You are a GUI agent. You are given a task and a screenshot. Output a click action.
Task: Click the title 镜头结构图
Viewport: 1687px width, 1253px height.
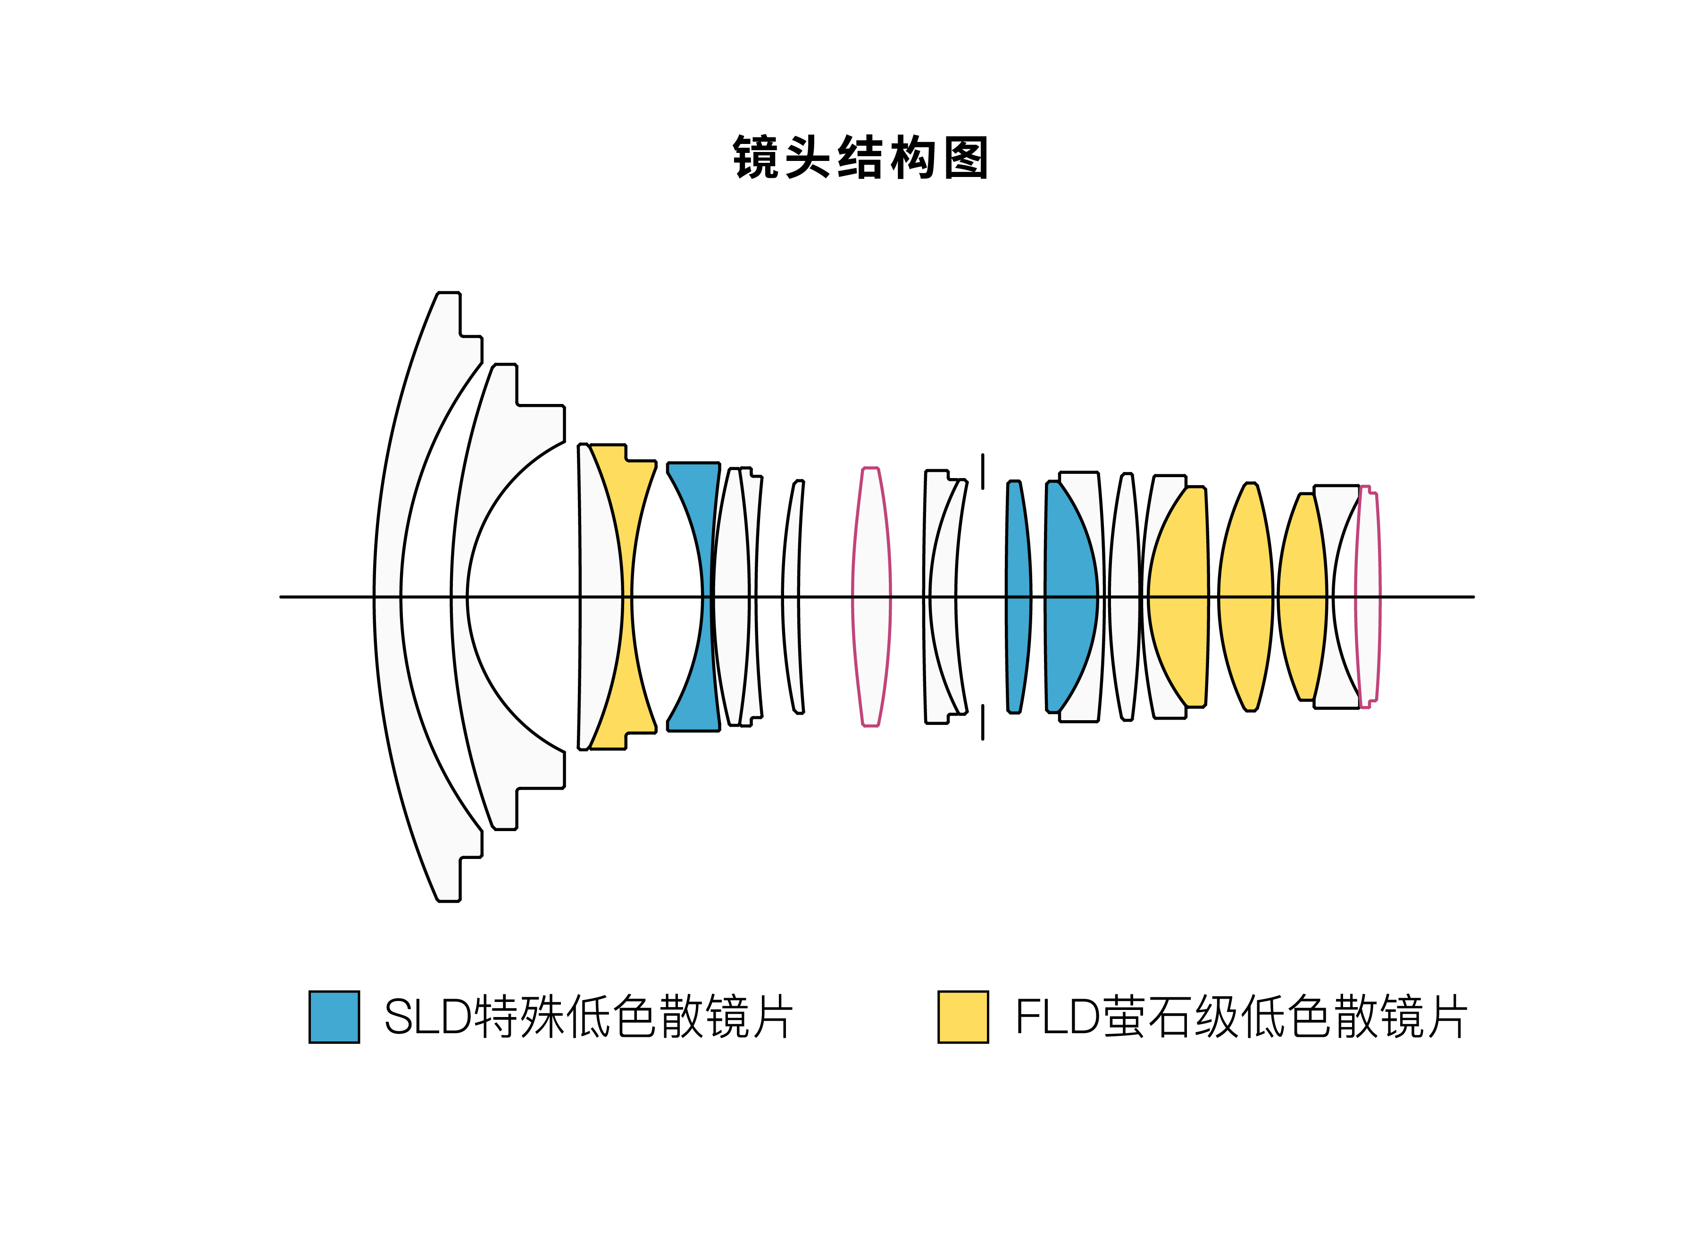click(860, 158)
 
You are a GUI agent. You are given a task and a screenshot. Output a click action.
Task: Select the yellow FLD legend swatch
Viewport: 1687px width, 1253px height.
click(962, 1017)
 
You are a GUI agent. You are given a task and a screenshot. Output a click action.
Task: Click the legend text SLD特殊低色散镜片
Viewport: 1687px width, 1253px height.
click(588, 1017)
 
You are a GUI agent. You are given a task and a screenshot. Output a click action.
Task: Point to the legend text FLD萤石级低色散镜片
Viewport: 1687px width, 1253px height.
click(1240, 1017)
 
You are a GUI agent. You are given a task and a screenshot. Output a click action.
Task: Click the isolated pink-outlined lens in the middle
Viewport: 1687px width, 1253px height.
click(871, 597)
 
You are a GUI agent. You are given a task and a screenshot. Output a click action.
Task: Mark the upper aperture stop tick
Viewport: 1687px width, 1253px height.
click(983, 471)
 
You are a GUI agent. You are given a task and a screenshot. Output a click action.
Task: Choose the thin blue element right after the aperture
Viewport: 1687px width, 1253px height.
click(1018, 597)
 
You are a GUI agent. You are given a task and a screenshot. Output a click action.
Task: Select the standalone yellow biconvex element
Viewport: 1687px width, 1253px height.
click(1245, 597)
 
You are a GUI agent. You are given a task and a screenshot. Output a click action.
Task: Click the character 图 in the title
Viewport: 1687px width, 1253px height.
click(966, 158)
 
